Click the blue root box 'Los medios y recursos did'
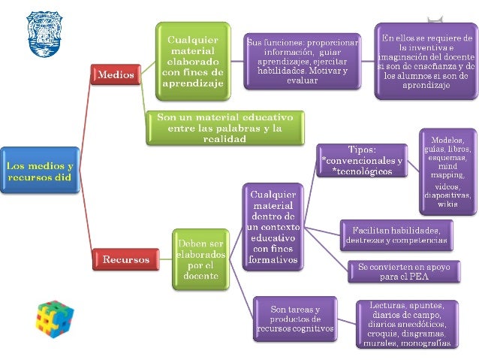click(x=40, y=171)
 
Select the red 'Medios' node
click(x=114, y=75)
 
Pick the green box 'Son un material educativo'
click(x=224, y=128)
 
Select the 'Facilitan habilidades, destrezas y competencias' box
click(x=397, y=234)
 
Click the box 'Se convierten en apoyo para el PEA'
click(x=397, y=271)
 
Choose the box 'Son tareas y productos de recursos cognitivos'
click(x=294, y=319)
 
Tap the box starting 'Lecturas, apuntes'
click(x=406, y=324)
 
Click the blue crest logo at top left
click(x=44, y=34)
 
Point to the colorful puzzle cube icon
click(x=54, y=318)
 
